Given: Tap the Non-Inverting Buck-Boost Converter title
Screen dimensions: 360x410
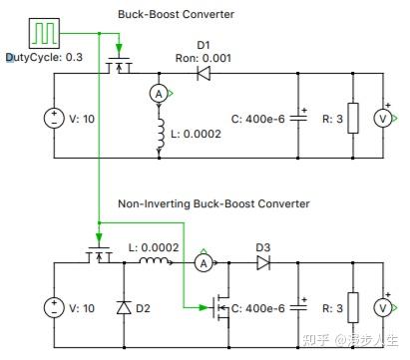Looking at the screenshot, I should tap(213, 203).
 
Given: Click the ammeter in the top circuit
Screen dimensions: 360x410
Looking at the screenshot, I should tap(157, 92).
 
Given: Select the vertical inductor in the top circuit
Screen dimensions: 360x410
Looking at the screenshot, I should tap(160, 135).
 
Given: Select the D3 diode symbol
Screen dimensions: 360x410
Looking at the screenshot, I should tap(264, 263).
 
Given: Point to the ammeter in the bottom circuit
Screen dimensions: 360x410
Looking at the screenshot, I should tap(203, 263).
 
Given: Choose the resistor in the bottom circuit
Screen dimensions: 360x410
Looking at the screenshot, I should tap(350, 307).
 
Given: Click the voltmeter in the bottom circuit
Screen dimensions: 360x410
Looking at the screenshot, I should tap(380, 307).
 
